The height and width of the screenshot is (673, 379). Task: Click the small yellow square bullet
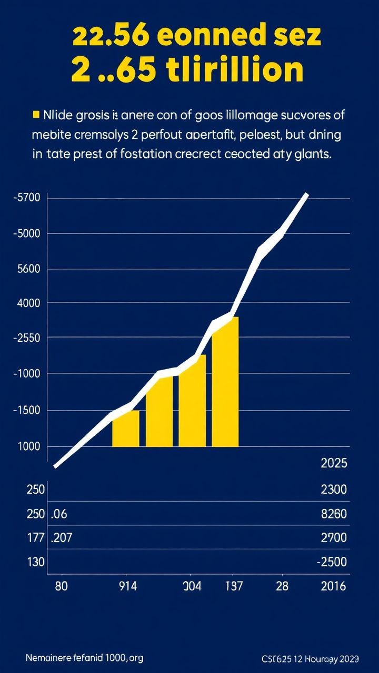coord(36,115)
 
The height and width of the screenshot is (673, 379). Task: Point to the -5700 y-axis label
coord(29,199)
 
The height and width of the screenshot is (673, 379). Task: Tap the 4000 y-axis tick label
coord(29,303)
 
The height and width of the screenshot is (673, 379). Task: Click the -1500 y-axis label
coord(29,410)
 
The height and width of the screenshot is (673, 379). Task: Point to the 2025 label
coord(334,463)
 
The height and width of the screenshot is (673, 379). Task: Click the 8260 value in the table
coord(334,514)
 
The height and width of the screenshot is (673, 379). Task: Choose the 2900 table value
coord(334,537)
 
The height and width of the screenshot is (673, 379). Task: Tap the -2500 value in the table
coord(332,562)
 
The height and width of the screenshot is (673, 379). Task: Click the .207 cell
coord(64,537)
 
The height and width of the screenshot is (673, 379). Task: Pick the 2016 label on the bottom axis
coord(334,587)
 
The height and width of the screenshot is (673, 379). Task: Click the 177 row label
coord(35,537)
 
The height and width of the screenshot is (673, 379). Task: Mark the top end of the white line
coord(306,195)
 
